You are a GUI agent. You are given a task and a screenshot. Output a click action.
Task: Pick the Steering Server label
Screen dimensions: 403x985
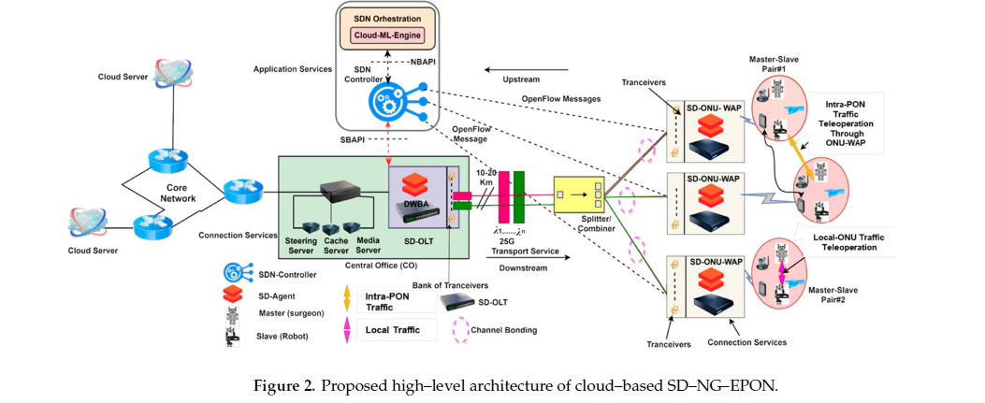[x=301, y=246]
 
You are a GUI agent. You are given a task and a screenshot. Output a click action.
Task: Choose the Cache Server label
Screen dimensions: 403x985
[x=336, y=246]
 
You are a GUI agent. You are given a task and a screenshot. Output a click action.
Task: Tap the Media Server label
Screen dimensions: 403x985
[x=369, y=246]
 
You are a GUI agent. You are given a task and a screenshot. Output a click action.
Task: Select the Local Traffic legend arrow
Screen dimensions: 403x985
[x=346, y=330]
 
